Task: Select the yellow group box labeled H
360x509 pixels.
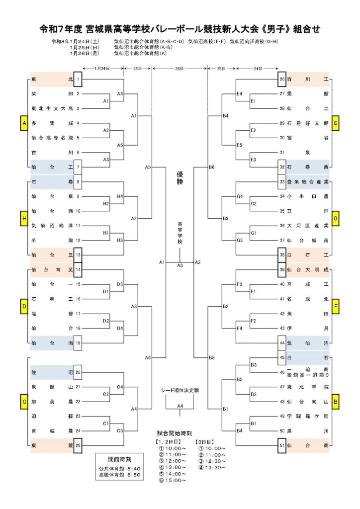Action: point(23,219)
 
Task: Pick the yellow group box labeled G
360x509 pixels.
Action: point(336,219)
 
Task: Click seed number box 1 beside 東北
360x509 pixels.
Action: point(78,80)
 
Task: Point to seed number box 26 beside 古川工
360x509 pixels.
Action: point(282,80)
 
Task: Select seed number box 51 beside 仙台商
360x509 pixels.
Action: point(282,445)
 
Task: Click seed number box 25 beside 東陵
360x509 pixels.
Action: point(78,445)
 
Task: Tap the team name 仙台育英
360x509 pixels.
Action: point(52,269)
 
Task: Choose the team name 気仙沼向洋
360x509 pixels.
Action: point(52,226)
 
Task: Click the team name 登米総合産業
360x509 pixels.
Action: point(308,182)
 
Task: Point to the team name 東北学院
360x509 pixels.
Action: point(308,387)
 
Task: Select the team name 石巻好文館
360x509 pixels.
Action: point(308,123)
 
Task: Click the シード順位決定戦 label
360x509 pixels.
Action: point(180,391)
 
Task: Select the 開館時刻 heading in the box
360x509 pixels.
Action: point(119,459)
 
